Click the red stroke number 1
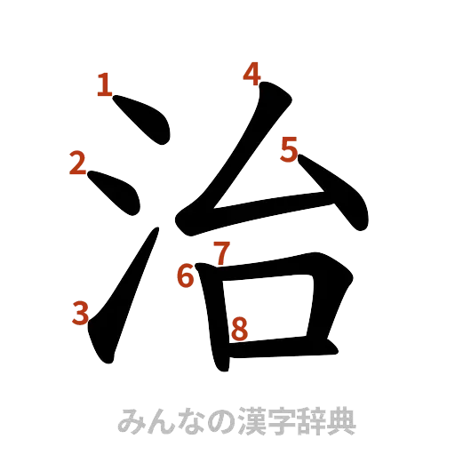105,85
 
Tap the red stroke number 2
77,164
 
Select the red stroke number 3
82,312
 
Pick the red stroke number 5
289,151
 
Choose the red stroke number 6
185,276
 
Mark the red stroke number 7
221,253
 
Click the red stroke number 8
238,330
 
